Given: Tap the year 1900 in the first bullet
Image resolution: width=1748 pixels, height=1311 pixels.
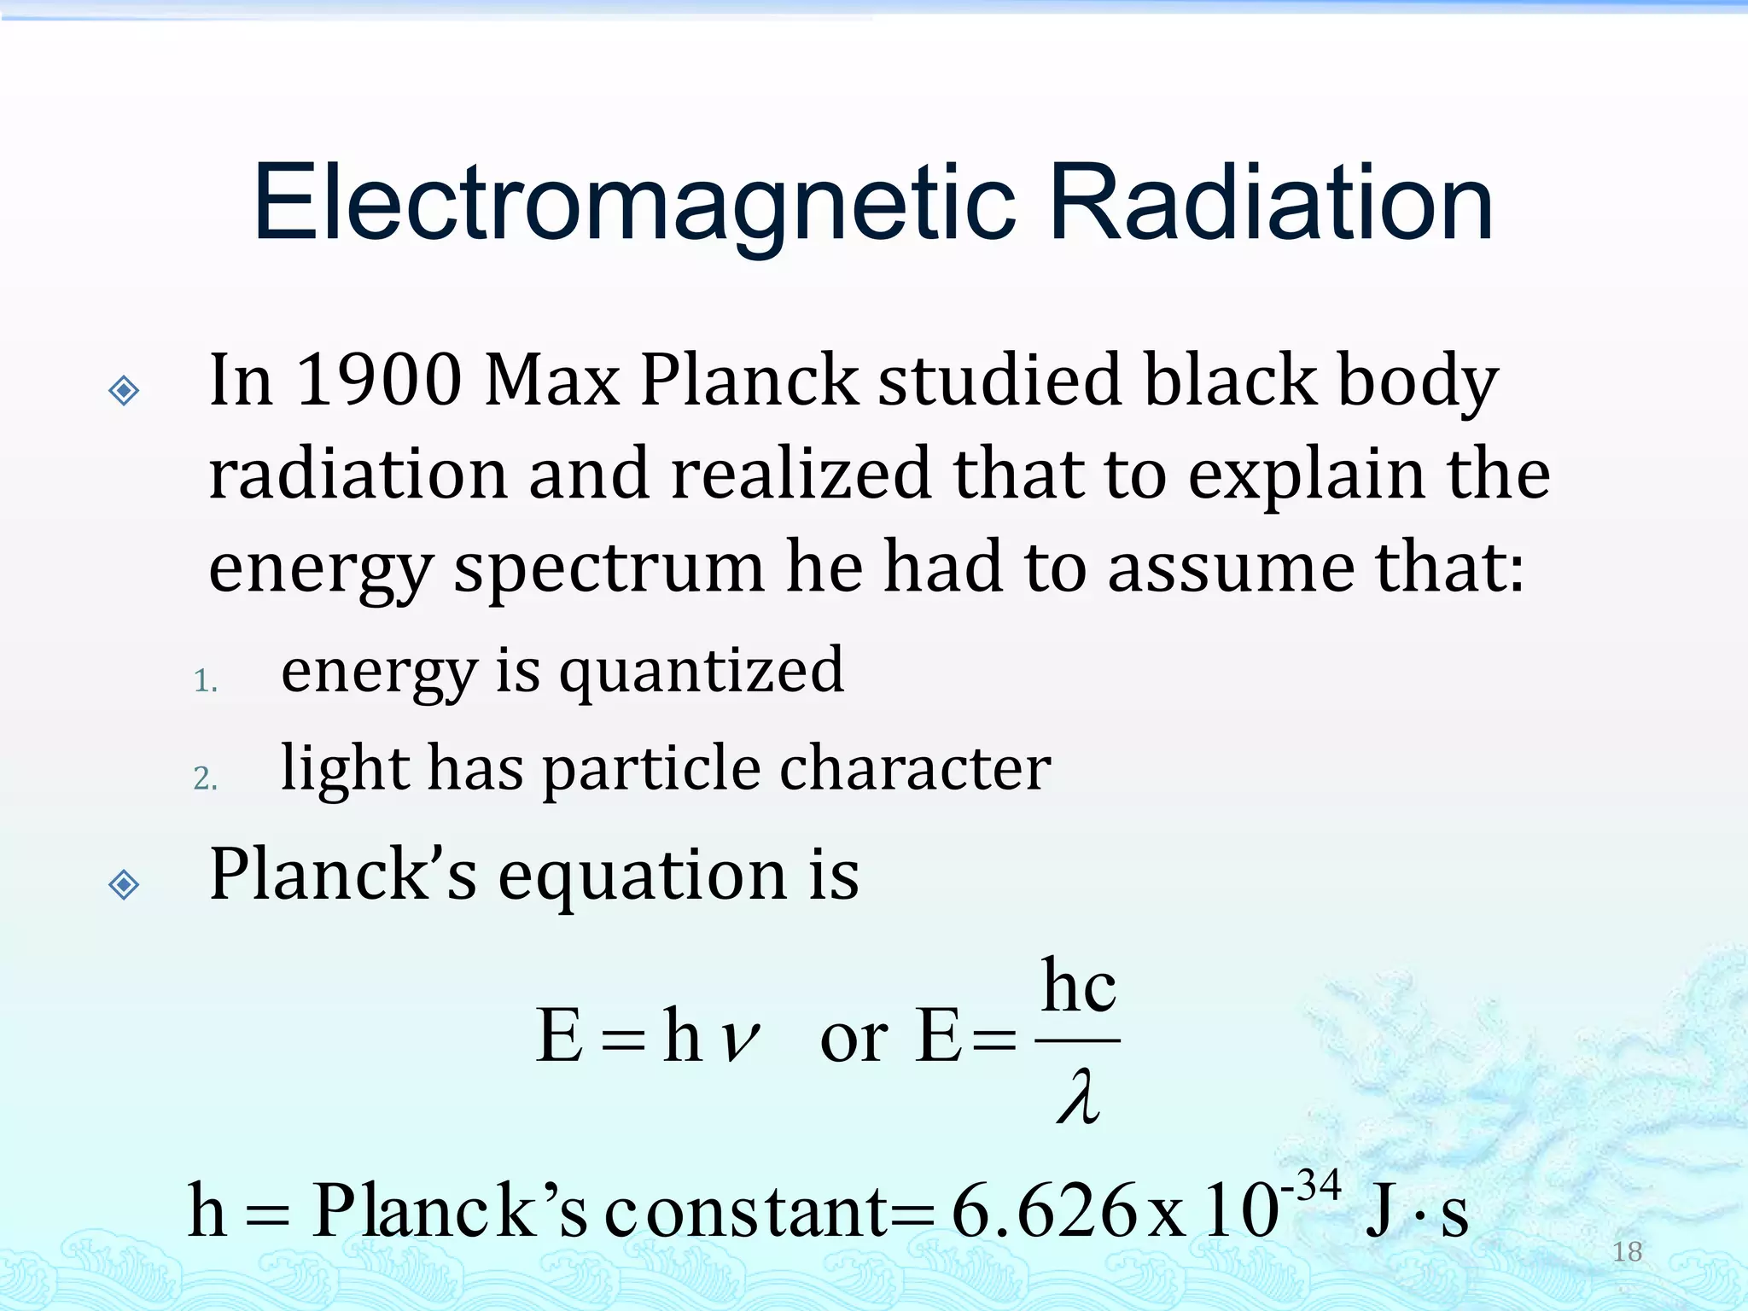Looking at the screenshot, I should (378, 380).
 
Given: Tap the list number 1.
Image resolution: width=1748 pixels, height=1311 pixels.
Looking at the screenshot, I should (205, 681).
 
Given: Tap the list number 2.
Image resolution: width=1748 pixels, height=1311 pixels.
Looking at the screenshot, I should (205, 778).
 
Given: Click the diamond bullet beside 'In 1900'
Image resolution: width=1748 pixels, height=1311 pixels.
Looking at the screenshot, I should (125, 391).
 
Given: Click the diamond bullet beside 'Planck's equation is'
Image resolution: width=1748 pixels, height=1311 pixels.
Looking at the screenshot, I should (125, 884).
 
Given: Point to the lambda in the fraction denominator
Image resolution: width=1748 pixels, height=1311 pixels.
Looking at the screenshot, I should (1077, 1099).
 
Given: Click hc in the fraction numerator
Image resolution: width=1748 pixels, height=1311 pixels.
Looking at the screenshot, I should (1078, 988).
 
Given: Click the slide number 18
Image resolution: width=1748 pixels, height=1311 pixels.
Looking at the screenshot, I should (1627, 1251).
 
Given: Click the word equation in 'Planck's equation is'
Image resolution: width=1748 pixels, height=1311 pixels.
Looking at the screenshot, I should (643, 876).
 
